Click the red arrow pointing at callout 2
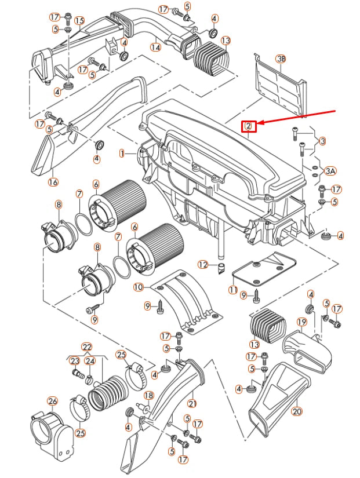point(301,116)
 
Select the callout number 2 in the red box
point(248,126)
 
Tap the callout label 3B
point(281,59)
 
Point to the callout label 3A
point(330,171)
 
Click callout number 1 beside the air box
point(122,154)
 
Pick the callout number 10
point(138,287)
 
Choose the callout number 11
point(233,290)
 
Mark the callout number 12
point(202,264)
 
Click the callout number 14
point(155,48)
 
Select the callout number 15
point(79,20)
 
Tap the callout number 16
point(53,182)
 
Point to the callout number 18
point(148,395)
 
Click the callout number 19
point(301,322)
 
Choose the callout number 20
point(297,412)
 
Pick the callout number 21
point(192,403)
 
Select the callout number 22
point(87,347)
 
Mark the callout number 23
point(75,361)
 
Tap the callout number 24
point(90,361)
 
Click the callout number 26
point(52,401)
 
